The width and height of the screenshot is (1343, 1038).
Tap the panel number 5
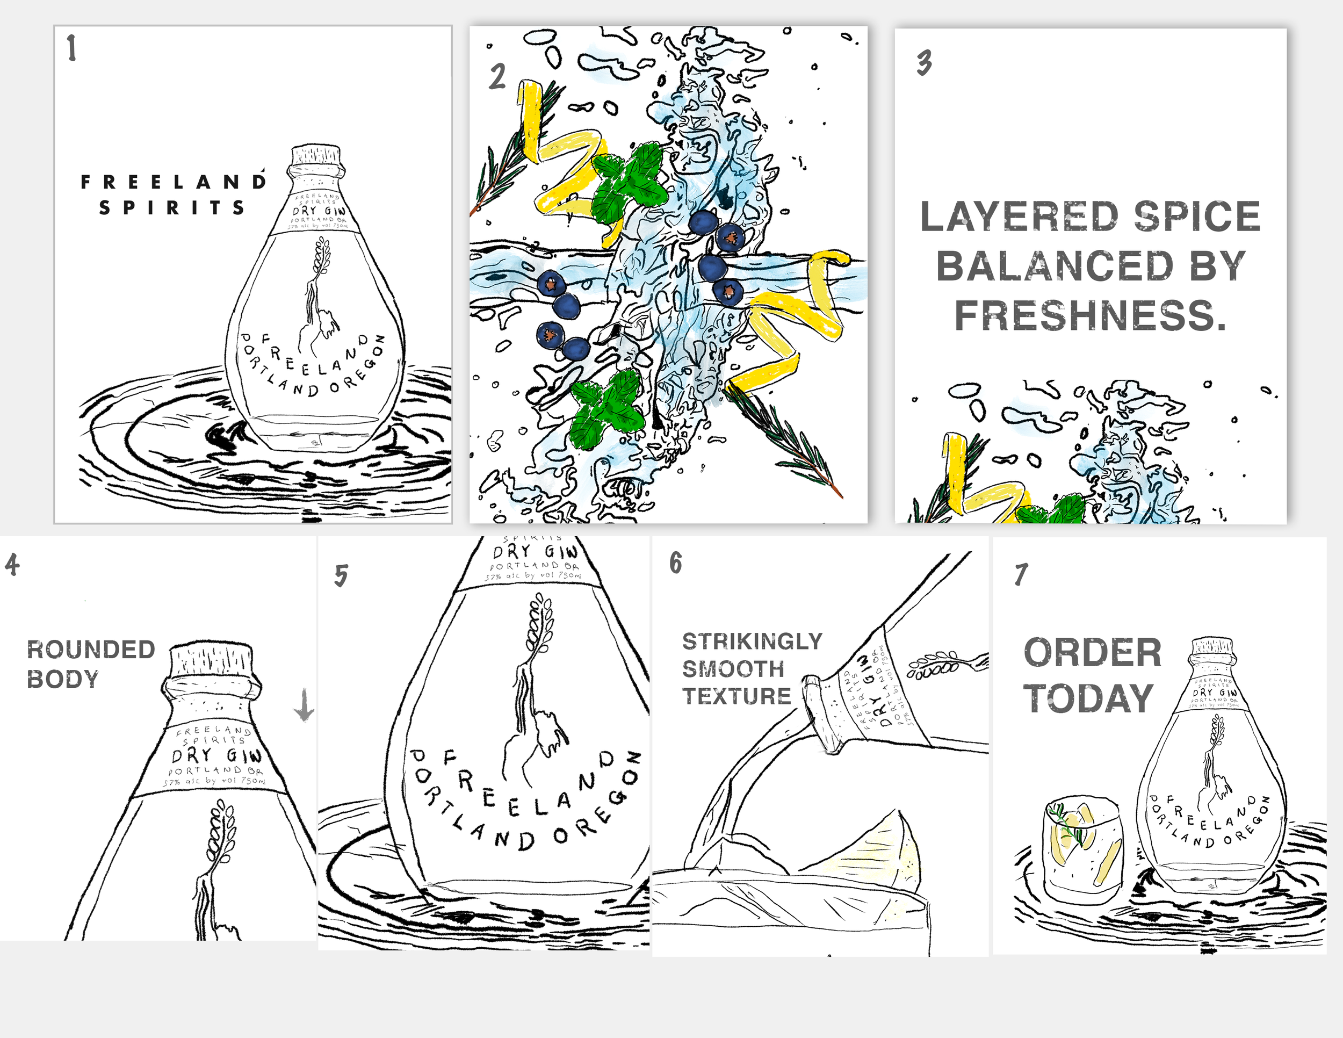(x=341, y=575)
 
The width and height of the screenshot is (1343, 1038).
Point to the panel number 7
(x=1021, y=575)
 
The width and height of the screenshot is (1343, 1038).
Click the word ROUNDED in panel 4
(x=91, y=650)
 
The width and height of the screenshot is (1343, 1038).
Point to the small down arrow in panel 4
(x=304, y=705)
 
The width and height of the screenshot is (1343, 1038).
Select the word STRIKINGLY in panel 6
(x=752, y=641)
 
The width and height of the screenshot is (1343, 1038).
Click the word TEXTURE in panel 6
(x=737, y=696)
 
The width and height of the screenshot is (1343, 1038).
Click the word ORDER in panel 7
(x=1092, y=652)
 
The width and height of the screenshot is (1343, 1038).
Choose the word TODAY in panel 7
(x=1088, y=698)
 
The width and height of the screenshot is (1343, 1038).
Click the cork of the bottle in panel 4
(x=211, y=660)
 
